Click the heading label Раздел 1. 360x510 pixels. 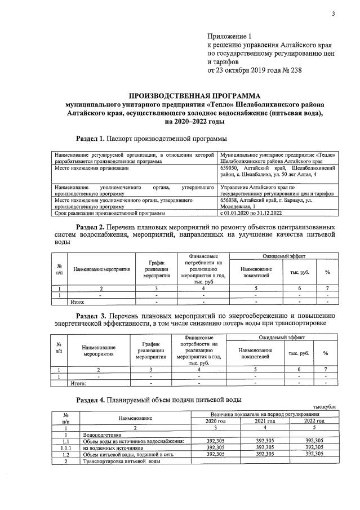coord(90,138)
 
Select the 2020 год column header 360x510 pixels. coord(215,421)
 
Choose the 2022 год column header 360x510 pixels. coord(314,421)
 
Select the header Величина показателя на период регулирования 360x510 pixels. coord(264,414)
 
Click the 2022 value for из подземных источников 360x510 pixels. coord(314,447)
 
